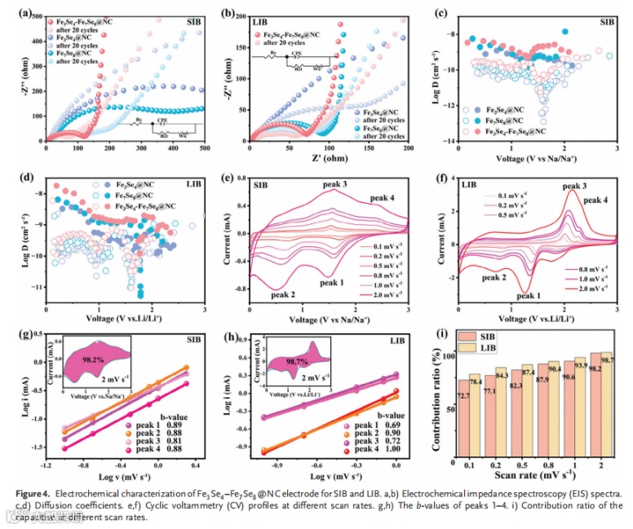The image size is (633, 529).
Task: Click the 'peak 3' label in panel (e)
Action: tap(334, 185)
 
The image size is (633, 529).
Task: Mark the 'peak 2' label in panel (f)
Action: tap(497, 279)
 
